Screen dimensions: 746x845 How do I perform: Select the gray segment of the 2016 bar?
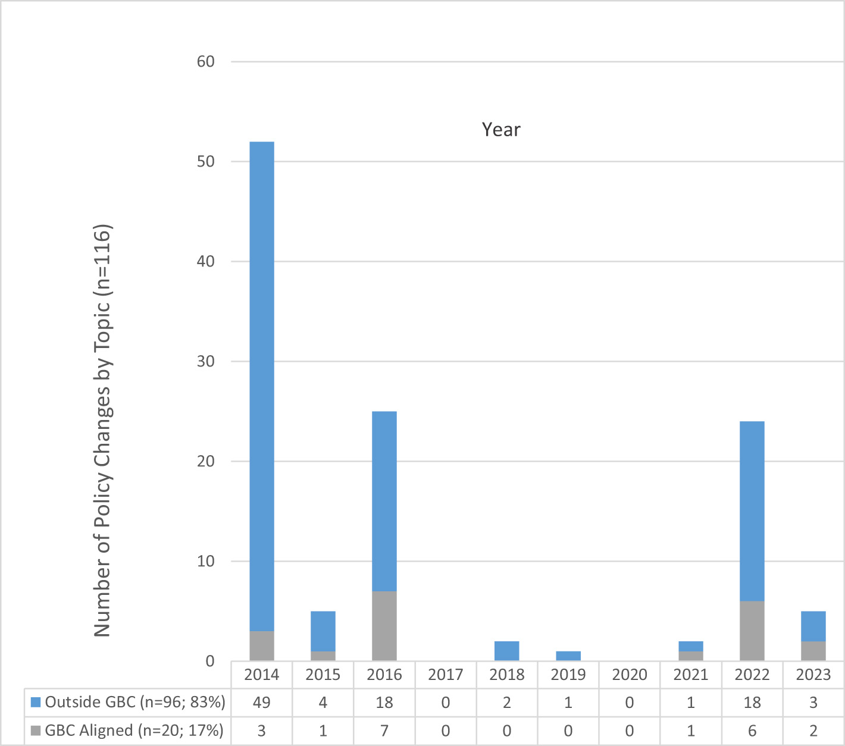tap(384, 626)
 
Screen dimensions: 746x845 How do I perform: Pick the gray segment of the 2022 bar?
tap(752, 631)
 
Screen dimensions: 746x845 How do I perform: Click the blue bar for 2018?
tap(507, 651)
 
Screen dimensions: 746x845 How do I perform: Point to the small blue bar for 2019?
tap(568, 656)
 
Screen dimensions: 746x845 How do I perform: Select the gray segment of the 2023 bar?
tap(813, 651)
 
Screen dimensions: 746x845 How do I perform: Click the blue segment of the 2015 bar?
tap(323, 631)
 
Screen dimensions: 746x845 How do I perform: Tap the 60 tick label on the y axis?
tap(206, 62)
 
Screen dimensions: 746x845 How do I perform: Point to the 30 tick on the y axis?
tap(206, 362)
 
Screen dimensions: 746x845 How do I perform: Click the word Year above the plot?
tap(501, 130)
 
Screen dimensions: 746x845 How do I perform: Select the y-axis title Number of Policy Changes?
tap(102, 430)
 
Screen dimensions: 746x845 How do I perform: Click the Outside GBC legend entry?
tap(129, 703)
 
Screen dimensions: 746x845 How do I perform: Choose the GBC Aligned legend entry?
tap(127, 731)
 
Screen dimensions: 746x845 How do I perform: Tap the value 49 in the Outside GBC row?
tap(262, 703)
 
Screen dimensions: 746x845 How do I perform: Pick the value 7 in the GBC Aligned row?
tap(384, 731)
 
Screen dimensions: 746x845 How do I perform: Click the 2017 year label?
tap(446, 675)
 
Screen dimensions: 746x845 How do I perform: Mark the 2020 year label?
tap(630, 675)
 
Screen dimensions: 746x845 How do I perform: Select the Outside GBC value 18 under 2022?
tap(752, 703)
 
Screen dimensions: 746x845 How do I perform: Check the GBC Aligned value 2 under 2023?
tap(813, 731)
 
